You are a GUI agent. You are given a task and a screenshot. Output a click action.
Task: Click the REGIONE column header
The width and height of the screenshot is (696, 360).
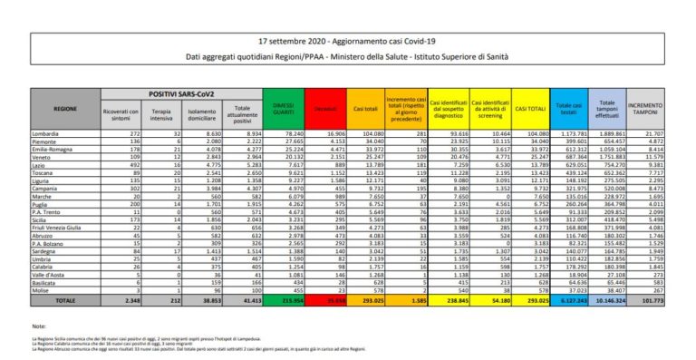64,108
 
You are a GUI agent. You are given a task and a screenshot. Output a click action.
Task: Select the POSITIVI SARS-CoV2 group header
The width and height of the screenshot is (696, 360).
174,93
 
